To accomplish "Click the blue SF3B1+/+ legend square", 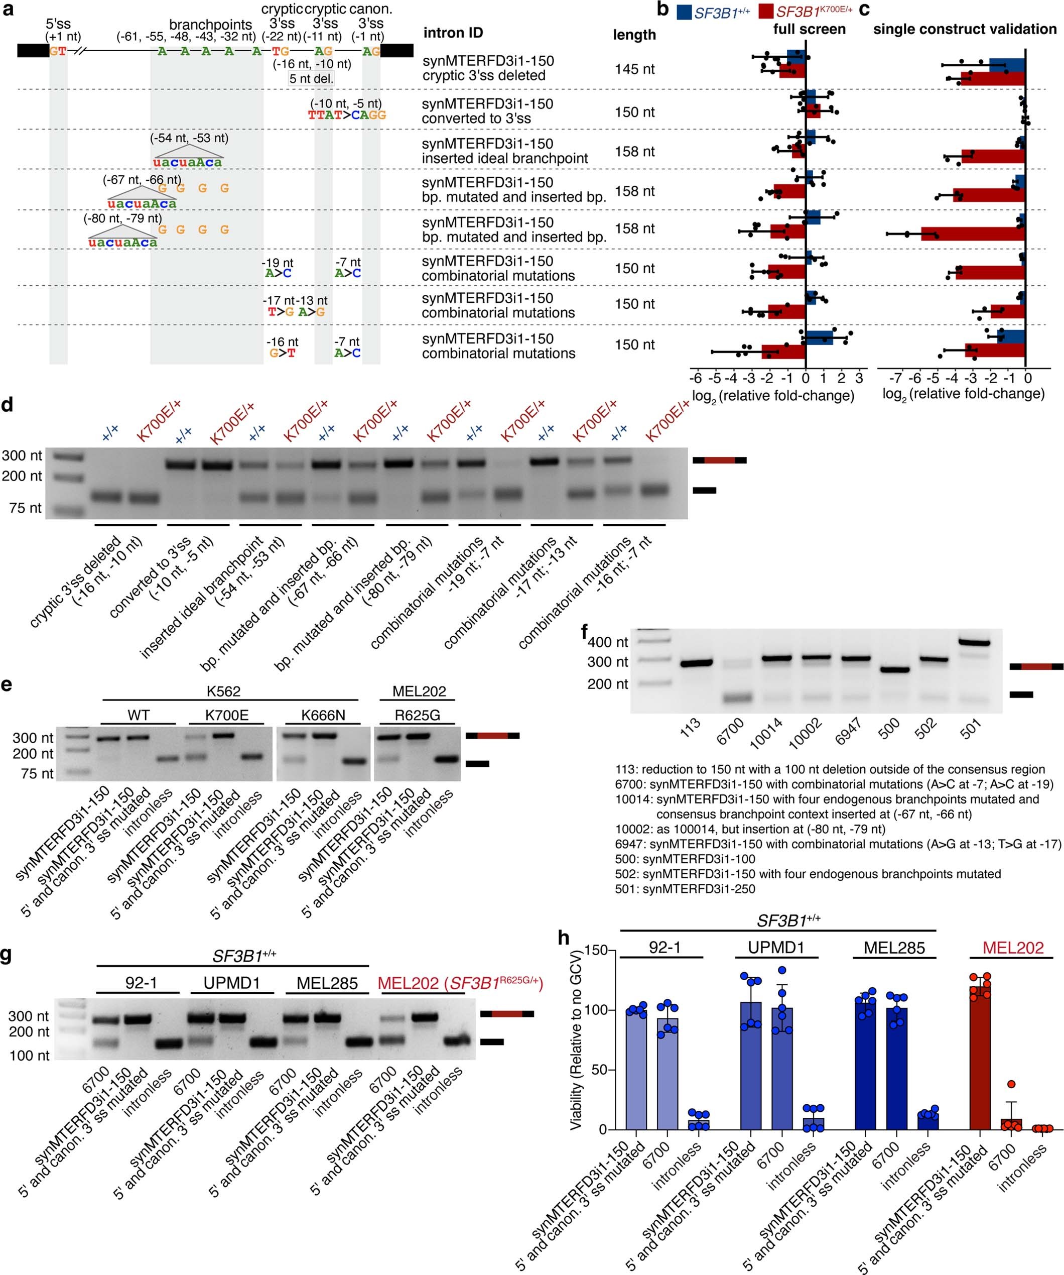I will [x=684, y=12].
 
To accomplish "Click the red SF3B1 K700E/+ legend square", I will [x=765, y=12].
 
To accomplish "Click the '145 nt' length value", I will [x=634, y=69].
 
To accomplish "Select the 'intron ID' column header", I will [x=453, y=33].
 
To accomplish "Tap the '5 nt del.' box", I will [x=311, y=78].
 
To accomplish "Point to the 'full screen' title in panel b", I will [x=809, y=29].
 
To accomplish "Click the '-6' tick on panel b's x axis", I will [x=696, y=378].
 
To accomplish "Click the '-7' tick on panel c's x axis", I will [x=895, y=378].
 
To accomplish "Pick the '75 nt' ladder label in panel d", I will [x=26, y=508].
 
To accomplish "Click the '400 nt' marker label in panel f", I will [x=608, y=642].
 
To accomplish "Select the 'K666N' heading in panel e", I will [x=323, y=715].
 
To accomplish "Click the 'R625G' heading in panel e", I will [x=417, y=715].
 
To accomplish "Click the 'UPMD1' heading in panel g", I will [x=231, y=983].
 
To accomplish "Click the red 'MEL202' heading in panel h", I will [x=1013, y=948].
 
